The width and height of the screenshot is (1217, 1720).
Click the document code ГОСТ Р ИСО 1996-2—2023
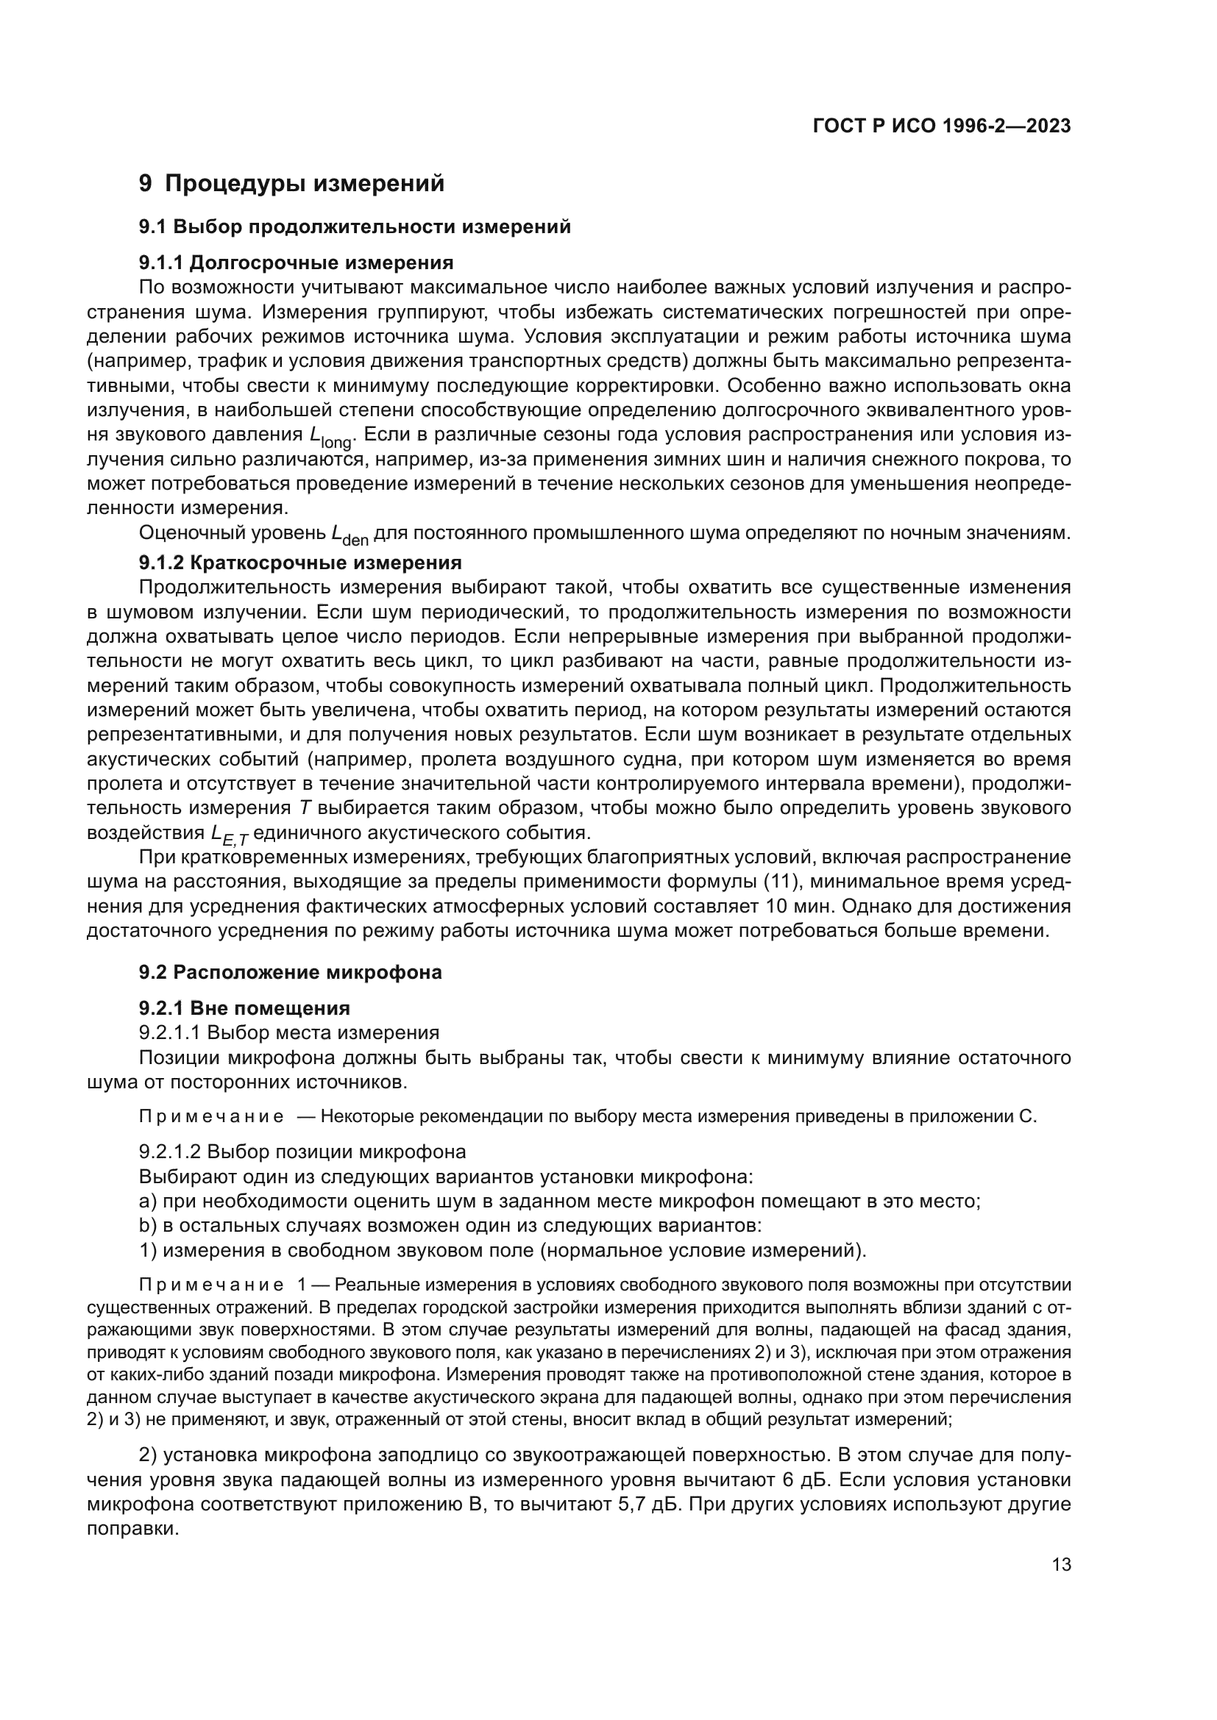tap(941, 126)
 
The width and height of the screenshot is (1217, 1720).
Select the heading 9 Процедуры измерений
tap(291, 184)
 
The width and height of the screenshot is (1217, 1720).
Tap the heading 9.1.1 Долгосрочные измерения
tap(296, 263)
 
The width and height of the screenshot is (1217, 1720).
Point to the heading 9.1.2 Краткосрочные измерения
tap(299, 563)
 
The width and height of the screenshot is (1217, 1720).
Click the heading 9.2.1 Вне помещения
tap(244, 1008)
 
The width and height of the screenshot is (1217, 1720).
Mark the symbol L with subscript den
tap(350, 535)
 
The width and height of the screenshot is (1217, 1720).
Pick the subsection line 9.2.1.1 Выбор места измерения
tap(288, 1033)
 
